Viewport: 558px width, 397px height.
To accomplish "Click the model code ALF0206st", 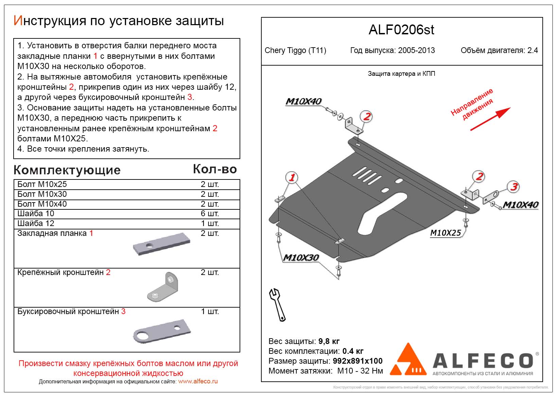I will click(x=401, y=30).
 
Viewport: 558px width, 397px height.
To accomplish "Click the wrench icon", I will click(x=278, y=305).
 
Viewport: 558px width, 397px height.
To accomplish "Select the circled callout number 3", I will click(x=513, y=187).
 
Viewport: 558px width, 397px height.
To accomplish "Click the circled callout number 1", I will click(x=292, y=177).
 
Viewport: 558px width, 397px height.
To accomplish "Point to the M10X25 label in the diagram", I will click(x=445, y=233).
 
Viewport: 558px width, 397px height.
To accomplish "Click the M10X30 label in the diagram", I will click(x=301, y=258).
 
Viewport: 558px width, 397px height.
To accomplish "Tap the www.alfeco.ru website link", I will click(x=198, y=381).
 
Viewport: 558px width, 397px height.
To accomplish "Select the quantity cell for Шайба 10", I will click(x=210, y=213).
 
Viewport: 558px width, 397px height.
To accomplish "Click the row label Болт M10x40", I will click(x=42, y=204).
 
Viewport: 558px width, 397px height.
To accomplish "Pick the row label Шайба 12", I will click(x=36, y=223).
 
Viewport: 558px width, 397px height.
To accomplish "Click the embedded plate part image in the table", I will click(x=161, y=244).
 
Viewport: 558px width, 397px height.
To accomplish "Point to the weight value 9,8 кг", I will click(x=329, y=341).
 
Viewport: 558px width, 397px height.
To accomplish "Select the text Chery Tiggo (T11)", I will click(x=295, y=51).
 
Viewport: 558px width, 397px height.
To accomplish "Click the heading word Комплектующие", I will click(x=67, y=170).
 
